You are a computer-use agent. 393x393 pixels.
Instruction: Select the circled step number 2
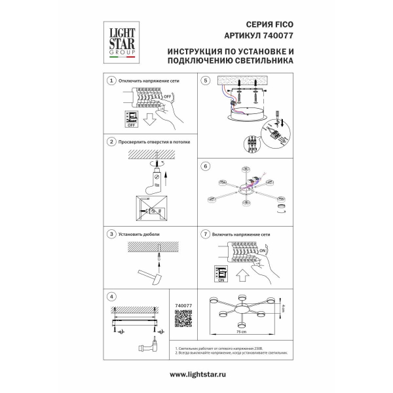112,141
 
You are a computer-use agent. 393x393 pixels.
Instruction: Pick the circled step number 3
112,233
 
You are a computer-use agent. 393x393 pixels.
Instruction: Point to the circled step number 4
112,295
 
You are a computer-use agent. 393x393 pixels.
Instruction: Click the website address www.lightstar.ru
197,375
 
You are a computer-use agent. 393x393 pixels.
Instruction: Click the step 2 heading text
150,141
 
